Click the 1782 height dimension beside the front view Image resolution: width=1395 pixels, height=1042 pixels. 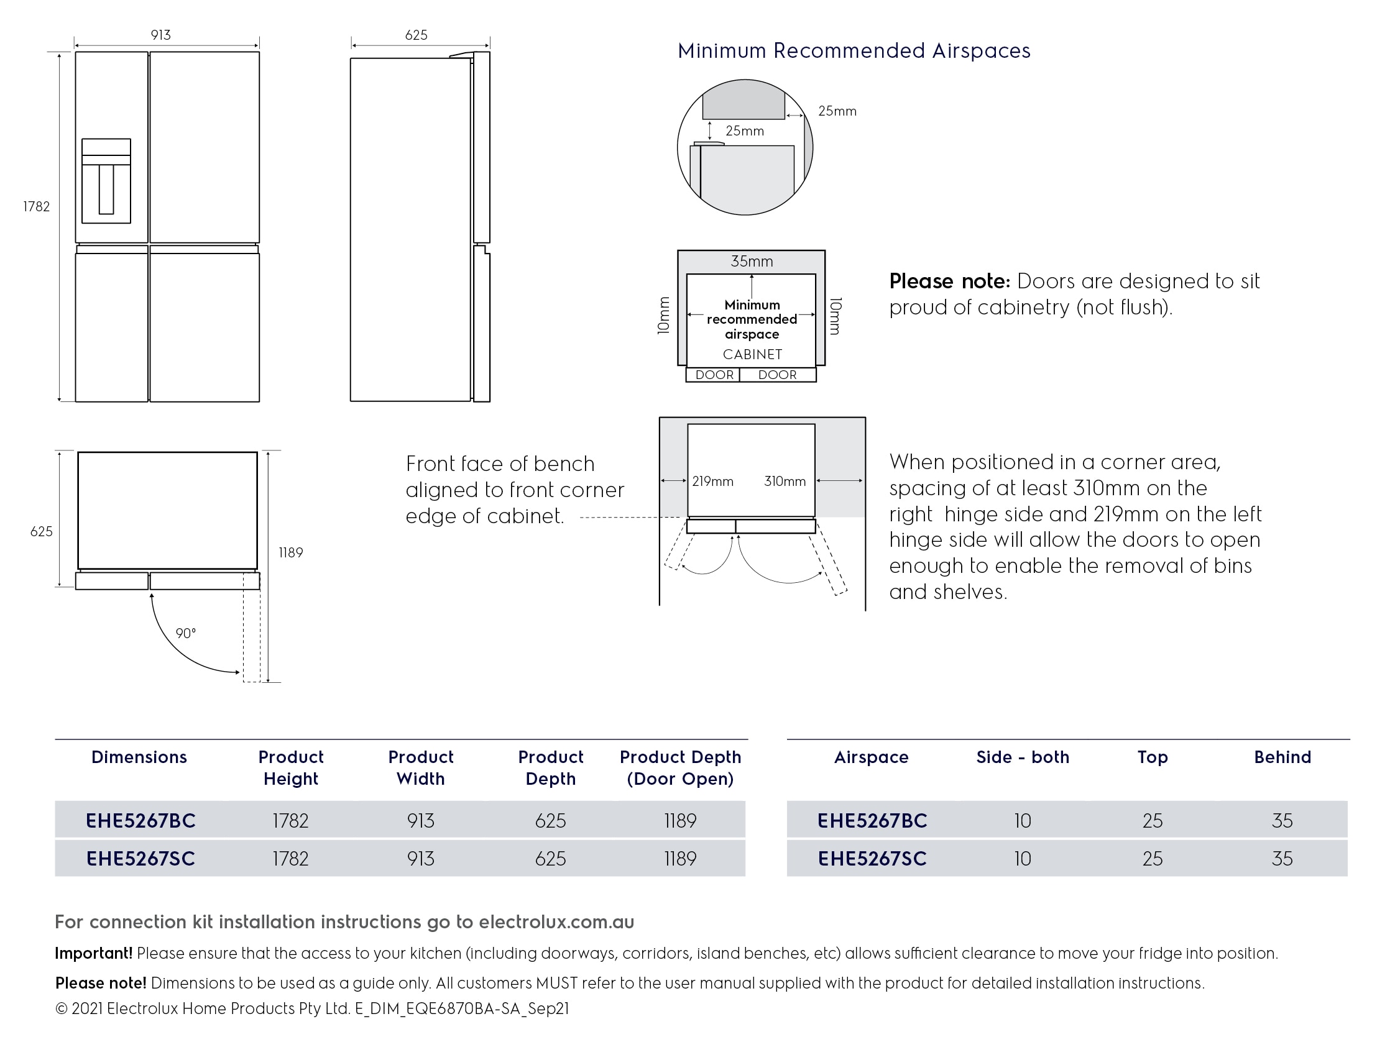(x=36, y=207)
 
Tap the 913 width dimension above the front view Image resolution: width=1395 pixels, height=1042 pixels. (x=161, y=35)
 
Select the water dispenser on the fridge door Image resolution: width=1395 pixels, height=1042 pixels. (x=106, y=181)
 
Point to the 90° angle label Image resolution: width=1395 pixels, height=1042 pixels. (x=185, y=633)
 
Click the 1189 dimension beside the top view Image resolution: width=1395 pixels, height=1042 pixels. (x=291, y=553)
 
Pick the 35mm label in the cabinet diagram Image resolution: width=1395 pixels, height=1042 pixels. (x=751, y=261)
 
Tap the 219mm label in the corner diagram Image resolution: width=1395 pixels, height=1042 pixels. (x=712, y=482)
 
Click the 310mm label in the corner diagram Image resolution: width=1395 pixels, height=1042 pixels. (x=785, y=482)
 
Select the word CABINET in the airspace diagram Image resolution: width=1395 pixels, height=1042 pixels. (x=752, y=354)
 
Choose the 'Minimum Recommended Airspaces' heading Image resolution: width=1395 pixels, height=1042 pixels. (x=854, y=51)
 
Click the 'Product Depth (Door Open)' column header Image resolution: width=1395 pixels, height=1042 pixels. (x=680, y=768)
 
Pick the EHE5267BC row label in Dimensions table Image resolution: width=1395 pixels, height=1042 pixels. (x=140, y=821)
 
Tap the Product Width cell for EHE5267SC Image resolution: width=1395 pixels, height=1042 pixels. (x=421, y=859)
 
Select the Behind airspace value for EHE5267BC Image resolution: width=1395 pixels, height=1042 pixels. (x=1282, y=821)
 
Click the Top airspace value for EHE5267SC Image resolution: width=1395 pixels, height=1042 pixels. (x=1152, y=859)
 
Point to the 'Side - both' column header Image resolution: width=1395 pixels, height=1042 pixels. (x=1022, y=757)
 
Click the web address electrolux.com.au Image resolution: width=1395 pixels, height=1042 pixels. (x=556, y=922)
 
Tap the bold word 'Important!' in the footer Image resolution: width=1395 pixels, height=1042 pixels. (x=93, y=953)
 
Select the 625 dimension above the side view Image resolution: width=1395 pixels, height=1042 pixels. (x=417, y=35)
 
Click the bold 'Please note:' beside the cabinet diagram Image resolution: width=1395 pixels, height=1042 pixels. (x=949, y=281)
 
